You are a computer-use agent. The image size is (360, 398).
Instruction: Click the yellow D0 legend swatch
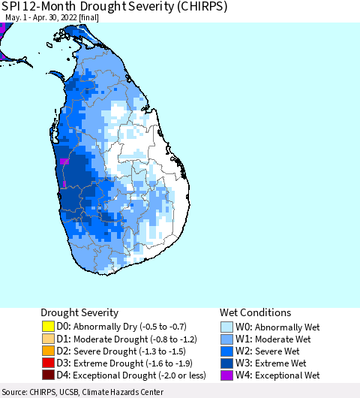tap(49, 327)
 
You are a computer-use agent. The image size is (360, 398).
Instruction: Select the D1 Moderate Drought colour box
tap(49, 339)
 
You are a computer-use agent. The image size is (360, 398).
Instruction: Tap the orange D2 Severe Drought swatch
tap(49, 351)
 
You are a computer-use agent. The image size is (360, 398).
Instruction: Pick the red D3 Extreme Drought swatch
tap(49, 363)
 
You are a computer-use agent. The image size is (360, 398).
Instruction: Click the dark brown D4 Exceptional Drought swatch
tap(49, 375)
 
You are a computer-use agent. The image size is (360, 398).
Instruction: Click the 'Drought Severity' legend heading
tap(79, 312)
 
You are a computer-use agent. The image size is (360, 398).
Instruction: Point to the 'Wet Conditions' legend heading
tap(255, 312)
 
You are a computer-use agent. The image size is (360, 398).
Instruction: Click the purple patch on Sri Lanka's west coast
tap(64, 161)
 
